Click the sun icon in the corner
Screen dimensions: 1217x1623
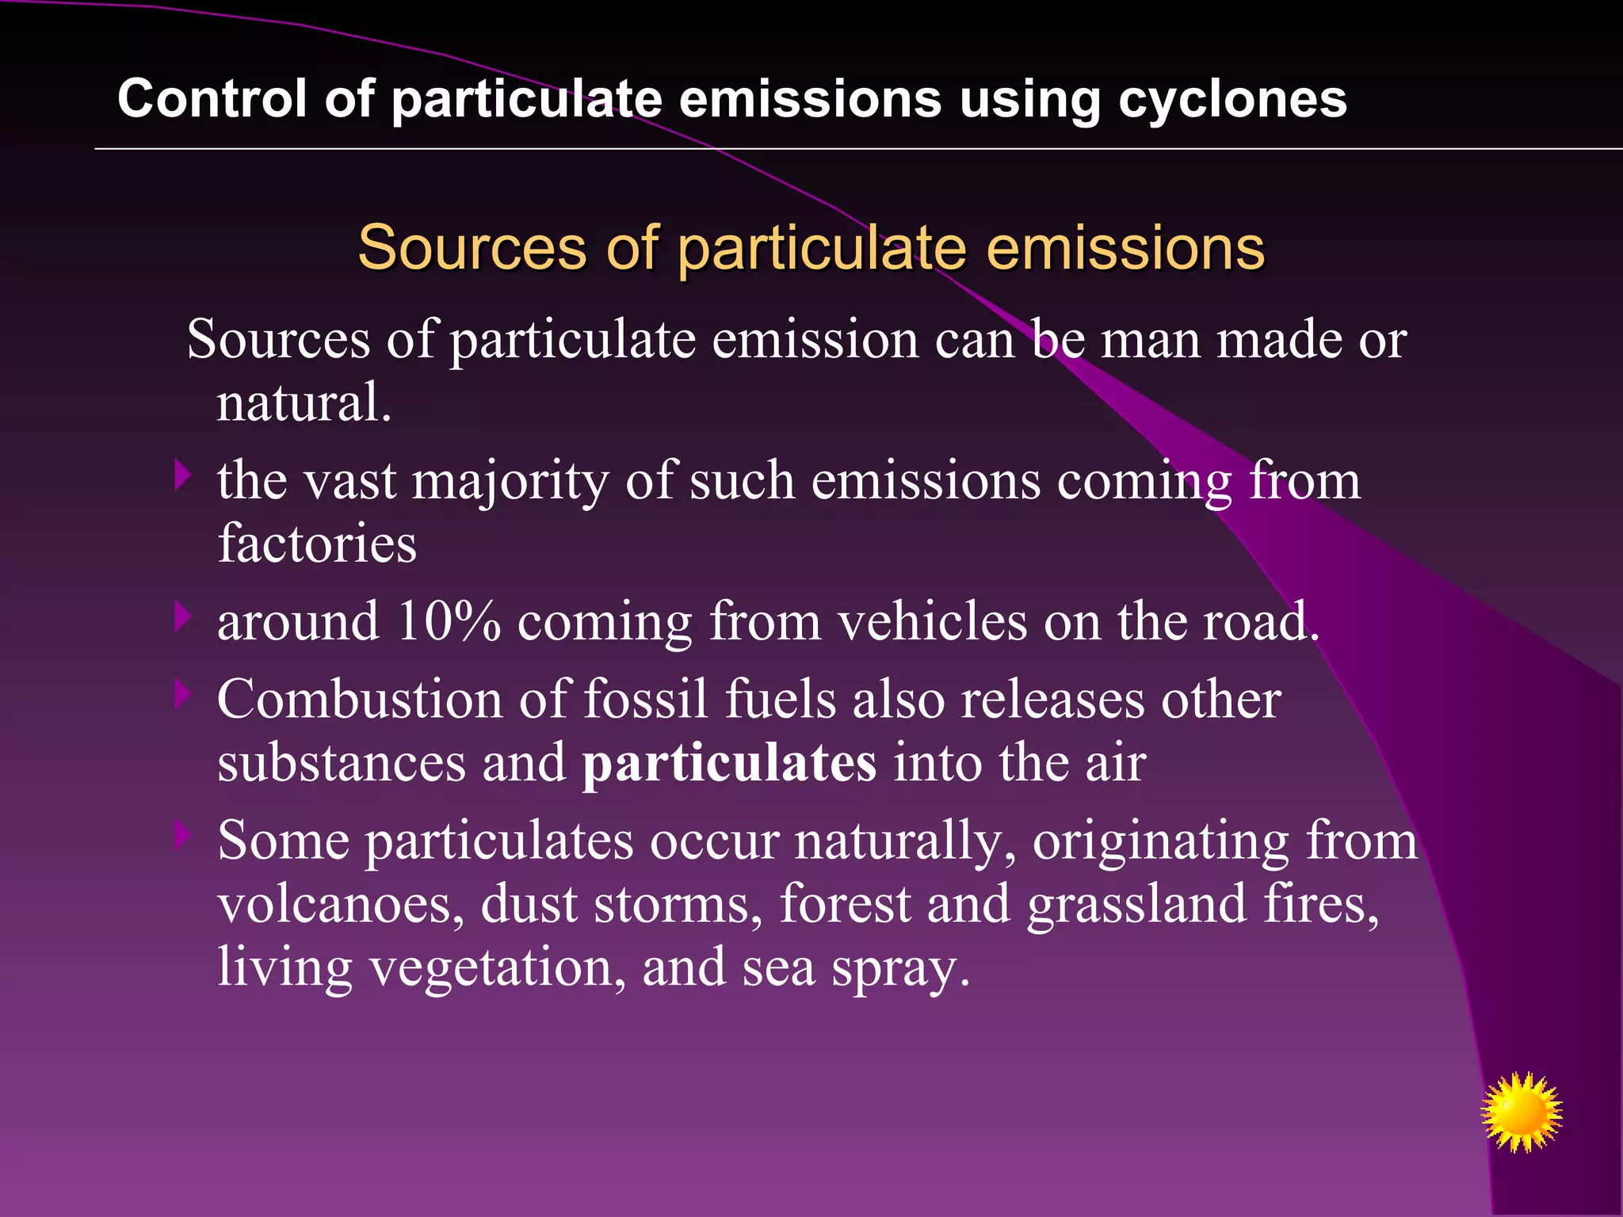(1521, 1112)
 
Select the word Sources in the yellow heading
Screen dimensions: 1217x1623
(472, 247)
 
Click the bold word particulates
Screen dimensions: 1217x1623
(729, 762)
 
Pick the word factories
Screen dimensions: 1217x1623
(317, 544)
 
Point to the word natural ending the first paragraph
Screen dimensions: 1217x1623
(304, 402)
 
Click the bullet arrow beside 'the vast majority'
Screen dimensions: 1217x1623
(183, 475)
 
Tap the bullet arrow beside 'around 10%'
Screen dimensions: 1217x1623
(183, 616)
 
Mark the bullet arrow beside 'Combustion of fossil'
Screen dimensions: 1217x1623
(183, 694)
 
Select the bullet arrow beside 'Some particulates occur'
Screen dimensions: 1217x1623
(183, 834)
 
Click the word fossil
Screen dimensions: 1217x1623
(645, 699)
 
